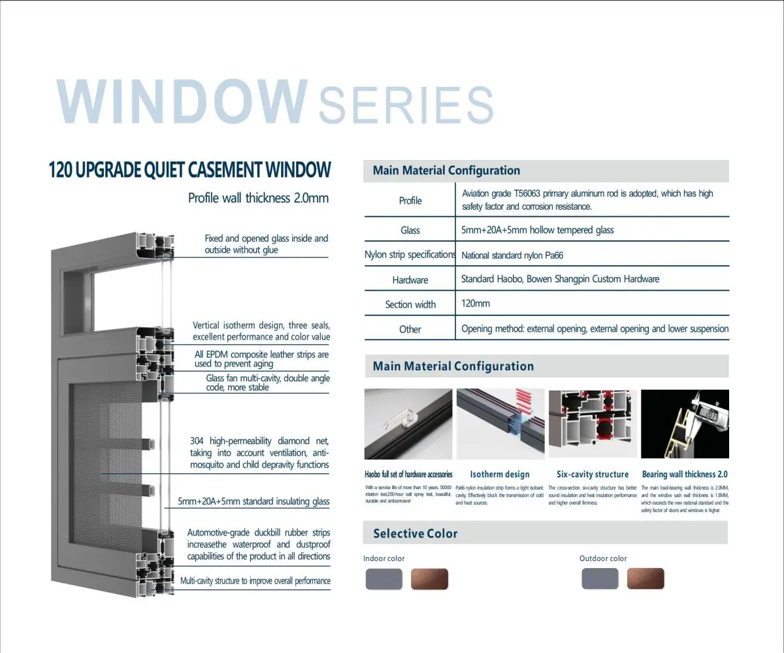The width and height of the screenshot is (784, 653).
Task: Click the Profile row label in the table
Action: pos(410,200)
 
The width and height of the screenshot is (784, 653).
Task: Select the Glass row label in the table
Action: pos(410,231)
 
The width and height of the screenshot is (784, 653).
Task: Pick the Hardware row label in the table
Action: pos(410,280)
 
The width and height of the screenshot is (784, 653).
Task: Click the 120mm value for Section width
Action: pos(476,304)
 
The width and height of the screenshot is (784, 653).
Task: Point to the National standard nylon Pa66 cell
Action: pos(512,255)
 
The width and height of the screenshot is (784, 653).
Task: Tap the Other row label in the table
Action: pos(410,329)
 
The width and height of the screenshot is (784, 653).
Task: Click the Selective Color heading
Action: pos(416,534)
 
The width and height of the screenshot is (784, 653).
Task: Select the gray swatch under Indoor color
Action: pos(384,579)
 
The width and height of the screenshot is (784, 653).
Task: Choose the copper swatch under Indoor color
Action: pos(429,579)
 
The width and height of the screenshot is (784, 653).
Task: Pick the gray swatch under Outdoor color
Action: pos(600,579)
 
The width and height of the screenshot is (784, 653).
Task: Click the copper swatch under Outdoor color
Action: pos(645,579)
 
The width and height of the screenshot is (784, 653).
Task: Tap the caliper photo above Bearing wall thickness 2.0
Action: pos(685,424)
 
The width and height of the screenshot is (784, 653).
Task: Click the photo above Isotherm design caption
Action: pos(500,424)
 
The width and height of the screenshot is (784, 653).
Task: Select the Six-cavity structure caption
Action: pos(593,475)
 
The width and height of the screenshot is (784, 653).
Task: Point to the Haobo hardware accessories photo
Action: pos(408,424)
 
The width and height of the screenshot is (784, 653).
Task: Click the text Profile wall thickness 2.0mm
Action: pos(258,198)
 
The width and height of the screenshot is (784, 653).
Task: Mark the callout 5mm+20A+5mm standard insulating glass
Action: pos(254,502)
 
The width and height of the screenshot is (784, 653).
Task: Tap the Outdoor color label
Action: pos(603,558)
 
